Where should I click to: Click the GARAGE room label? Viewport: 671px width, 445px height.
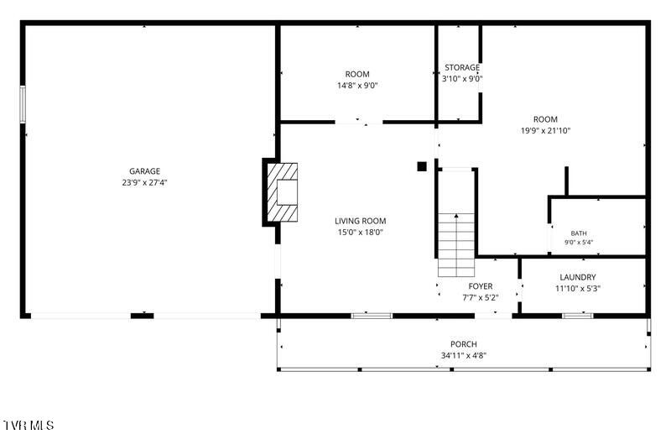point(144,171)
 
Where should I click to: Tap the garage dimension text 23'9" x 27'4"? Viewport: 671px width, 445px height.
point(144,182)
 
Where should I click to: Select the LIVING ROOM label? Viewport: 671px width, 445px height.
point(361,221)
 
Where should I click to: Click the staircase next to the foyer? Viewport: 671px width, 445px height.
point(456,244)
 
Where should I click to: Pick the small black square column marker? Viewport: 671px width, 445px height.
point(422,166)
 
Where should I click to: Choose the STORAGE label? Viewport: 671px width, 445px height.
point(462,68)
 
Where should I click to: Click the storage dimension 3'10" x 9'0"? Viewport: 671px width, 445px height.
point(462,79)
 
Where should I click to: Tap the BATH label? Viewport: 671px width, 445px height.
point(579,233)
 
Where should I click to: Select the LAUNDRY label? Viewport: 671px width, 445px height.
point(578,277)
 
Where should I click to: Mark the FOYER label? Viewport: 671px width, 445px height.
point(481,286)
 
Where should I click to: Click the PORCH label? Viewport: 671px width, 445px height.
point(464,344)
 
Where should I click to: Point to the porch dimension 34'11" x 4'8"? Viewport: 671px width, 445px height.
point(464,355)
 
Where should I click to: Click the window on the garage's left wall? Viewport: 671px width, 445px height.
point(23,104)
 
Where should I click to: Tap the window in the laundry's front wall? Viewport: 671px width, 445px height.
point(578,316)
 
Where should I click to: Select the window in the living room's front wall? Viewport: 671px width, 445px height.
point(372,316)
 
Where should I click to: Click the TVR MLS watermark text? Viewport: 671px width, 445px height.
point(29,426)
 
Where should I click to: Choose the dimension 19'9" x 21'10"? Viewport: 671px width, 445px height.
point(545,131)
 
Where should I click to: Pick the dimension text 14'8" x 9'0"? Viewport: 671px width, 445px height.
point(357,86)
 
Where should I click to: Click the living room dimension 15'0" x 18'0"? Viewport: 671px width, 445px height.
point(361,232)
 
